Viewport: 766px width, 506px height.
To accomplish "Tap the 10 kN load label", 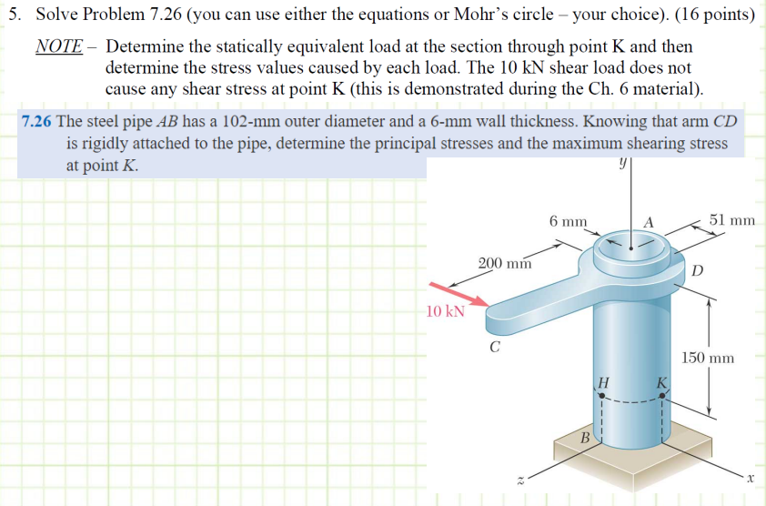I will pos(445,311).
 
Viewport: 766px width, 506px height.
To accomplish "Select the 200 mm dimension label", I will pos(505,264).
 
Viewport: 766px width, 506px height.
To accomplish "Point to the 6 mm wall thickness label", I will pos(569,221).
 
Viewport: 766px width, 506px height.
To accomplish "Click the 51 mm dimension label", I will pos(732,220).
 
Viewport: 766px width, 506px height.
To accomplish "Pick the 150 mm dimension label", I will pos(708,358).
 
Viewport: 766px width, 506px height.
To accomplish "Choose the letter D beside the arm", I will pos(698,270).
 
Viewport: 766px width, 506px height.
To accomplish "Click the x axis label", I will pos(751,476).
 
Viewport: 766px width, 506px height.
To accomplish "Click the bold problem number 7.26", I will pos(36,122).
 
